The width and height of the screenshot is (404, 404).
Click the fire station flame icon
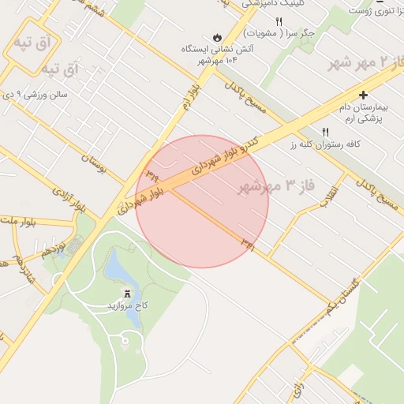(216, 37)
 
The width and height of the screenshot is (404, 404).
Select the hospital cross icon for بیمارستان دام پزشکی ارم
(363, 95)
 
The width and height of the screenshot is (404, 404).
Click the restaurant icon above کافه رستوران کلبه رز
(324, 132)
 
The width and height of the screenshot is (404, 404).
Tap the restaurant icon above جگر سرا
(279, 21)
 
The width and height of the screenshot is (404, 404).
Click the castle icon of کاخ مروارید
(127, 292)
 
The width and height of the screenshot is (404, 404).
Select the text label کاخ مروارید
(128, 305)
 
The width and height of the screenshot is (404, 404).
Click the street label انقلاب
(329, 194)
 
